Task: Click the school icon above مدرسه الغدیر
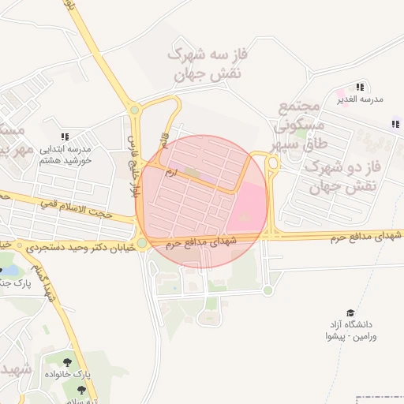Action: coord(360,87)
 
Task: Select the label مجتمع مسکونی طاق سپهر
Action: coord(297,126)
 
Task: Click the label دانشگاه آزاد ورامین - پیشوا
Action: coord(351,331)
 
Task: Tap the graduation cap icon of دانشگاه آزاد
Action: coord(350,313)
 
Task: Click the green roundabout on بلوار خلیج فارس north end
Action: coord(135,110)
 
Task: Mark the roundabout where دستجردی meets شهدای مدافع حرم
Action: coord(141,243)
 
